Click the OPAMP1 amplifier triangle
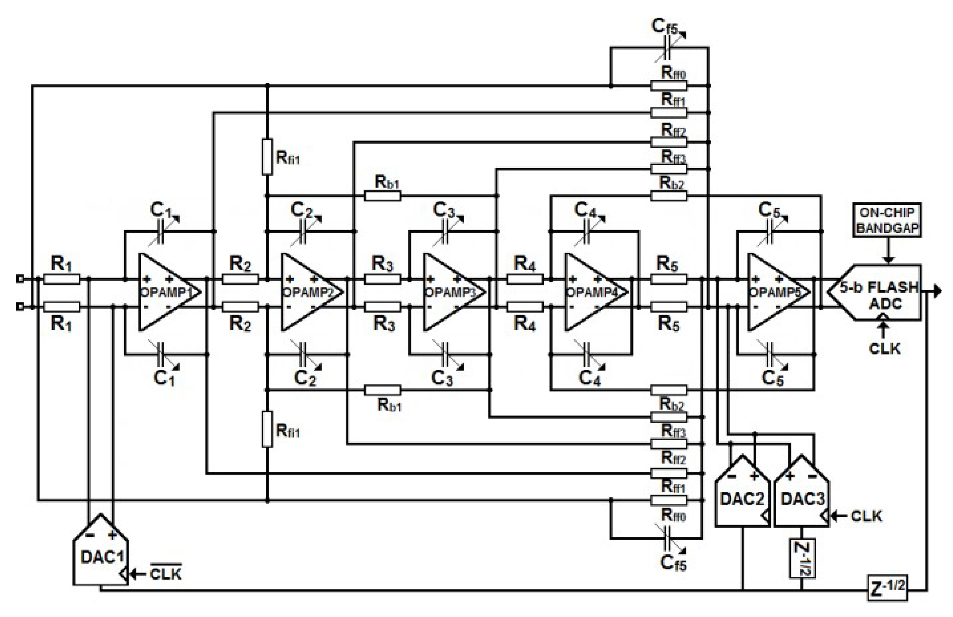pyautogui.click(x=166, y=292)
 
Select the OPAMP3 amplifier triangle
pyautogui.click(x=451, y=292)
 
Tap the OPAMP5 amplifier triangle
pyautogui.click(x=775, y=292)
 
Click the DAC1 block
pyautogui.click(x=101, y=554)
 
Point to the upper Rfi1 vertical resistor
pyautogui.click(x=267, y=157)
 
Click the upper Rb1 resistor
pyautogui.click(x=382, y=196)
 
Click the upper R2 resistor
pyautogui.click(x=240, y=279)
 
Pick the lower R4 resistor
pyautogui.click(x=524, y=307)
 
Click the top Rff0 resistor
pyautogui.click(x=669, y=86)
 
